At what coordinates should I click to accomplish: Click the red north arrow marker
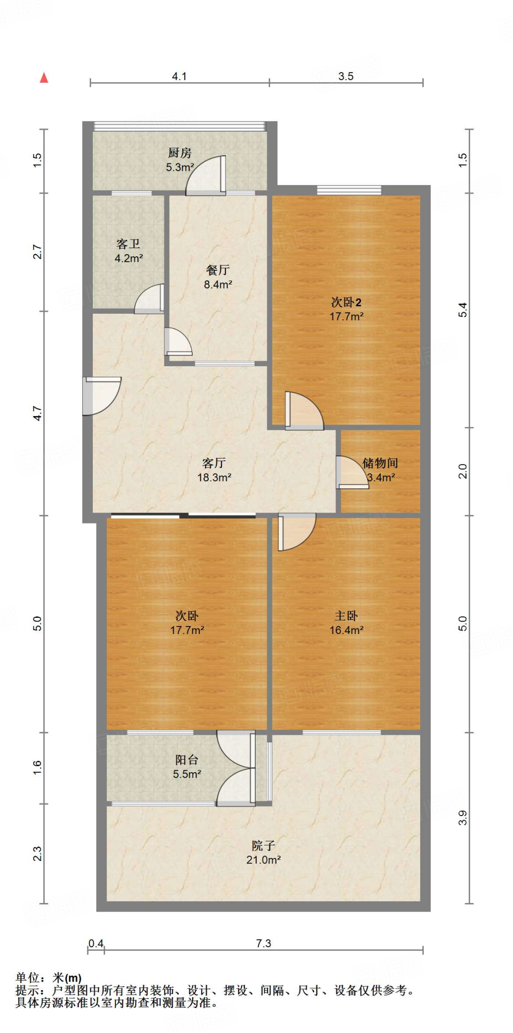(x=44, y=78)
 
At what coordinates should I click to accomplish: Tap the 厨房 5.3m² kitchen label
(x=180, y=160)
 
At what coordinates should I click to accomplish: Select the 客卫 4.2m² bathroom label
(x=128, y=251)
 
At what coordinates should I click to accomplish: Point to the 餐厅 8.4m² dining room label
(x=217, y=277)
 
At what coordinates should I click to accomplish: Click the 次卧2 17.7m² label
(x=346, y=309)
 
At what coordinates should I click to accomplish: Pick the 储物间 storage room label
(x=380, y=470)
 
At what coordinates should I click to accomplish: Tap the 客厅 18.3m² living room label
(x=214, y=470)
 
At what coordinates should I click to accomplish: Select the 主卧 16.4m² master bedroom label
(x=346, y=622)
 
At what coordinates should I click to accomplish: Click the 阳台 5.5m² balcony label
(x=187, y=767)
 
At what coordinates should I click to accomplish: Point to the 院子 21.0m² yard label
(x=263, y=852)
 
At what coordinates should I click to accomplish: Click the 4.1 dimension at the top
(x=179, y=76)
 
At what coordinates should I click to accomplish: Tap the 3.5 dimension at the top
(x=346, y=76)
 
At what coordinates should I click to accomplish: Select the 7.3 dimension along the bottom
(x=263, y=943)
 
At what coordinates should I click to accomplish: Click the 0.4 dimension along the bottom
(x=96, y=943)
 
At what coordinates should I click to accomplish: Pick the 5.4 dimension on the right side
(x=463, y=310)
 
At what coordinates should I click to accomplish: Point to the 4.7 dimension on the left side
(x=37, y=414)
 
